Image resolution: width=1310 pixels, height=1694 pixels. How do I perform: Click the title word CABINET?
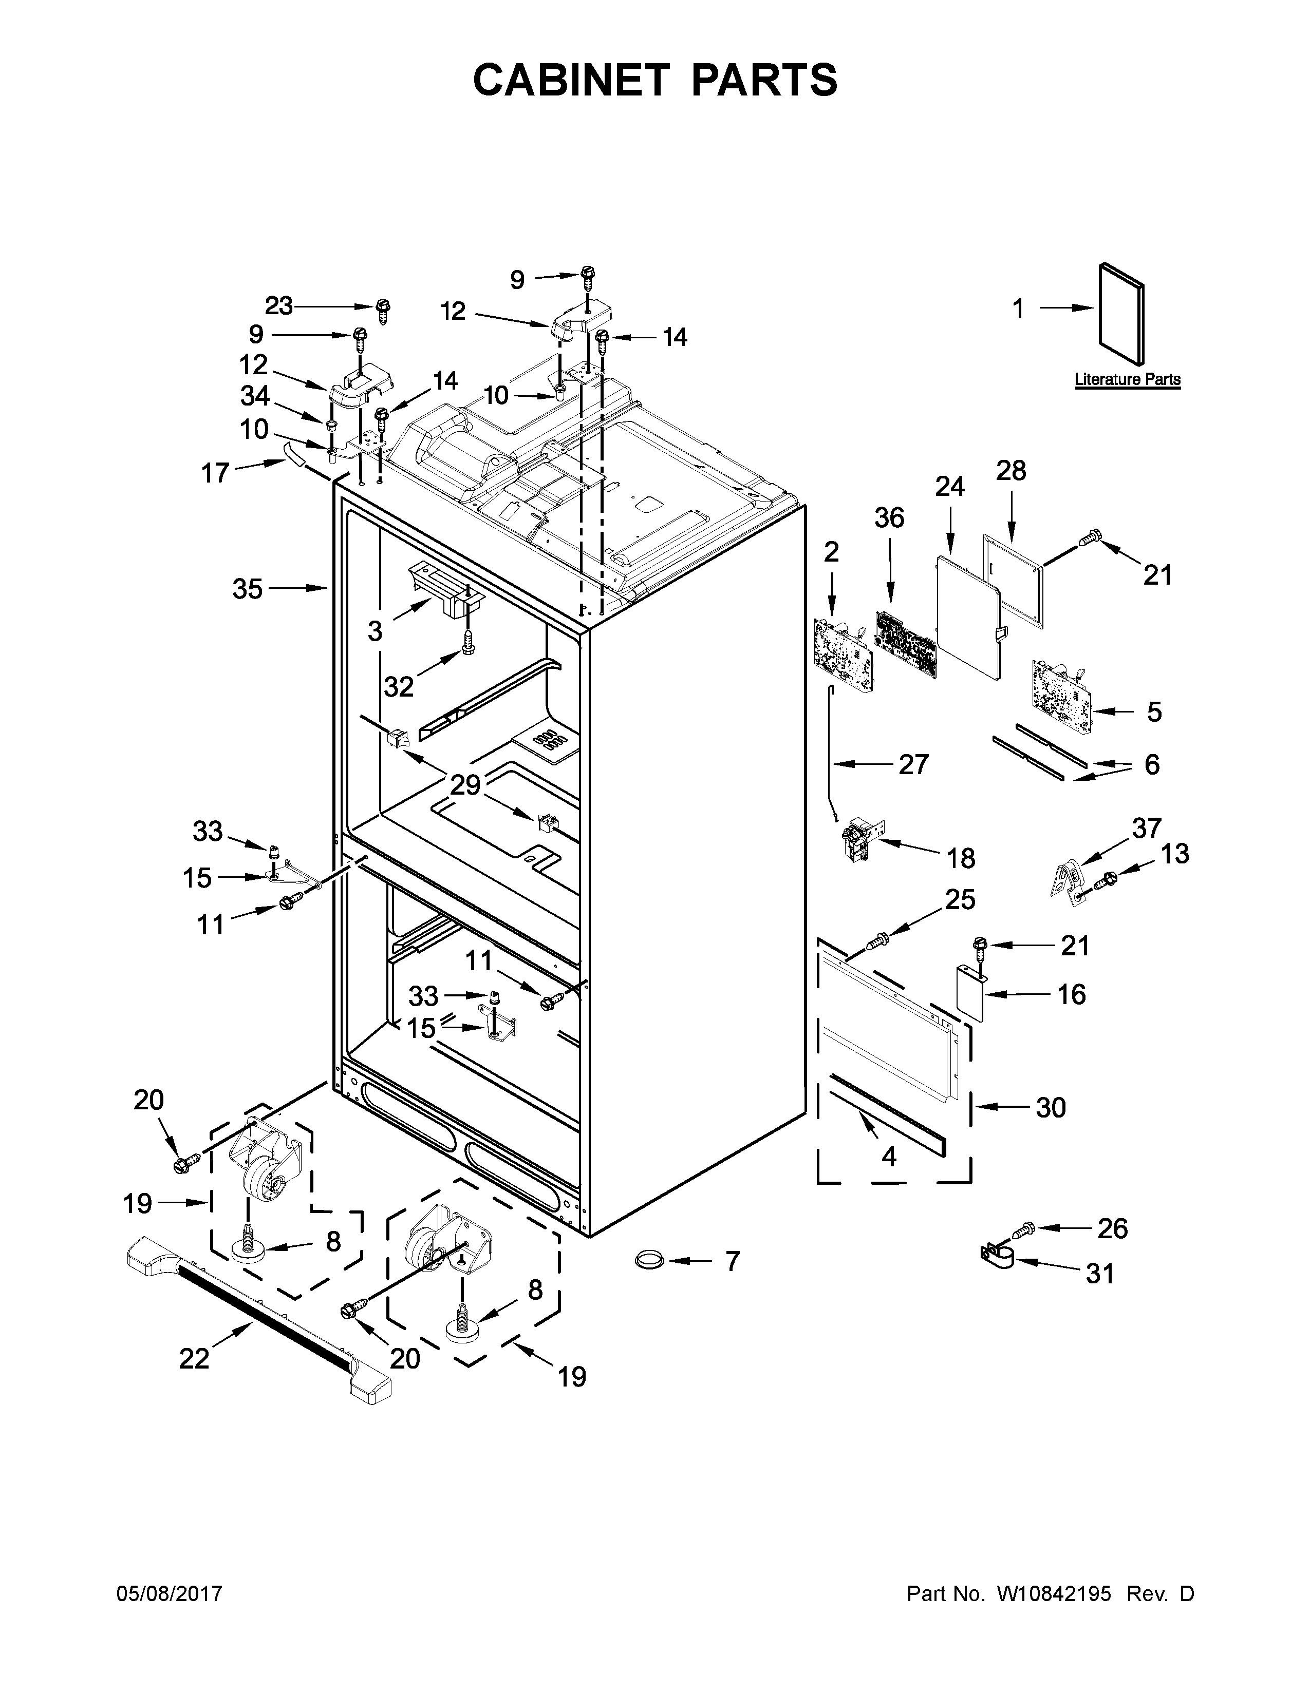[570, 80]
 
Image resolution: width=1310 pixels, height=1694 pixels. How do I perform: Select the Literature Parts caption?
[1127, 379]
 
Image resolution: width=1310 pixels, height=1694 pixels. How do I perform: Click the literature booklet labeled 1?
[1121, 314]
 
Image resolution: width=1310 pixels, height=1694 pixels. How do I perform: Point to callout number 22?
[194, 1358]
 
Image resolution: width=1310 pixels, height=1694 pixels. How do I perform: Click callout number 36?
[889, 517]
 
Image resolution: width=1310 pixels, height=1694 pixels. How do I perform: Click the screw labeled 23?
[383, 310]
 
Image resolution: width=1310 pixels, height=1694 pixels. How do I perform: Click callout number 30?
[1051, 1108]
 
